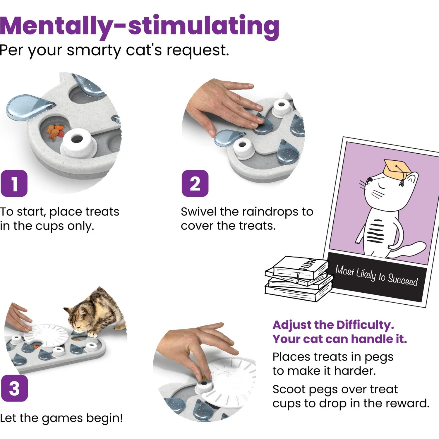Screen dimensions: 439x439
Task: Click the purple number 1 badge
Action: click(x=14, y=184)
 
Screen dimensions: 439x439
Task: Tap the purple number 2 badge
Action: click(x=195, y=184)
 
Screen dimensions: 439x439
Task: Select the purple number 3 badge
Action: click(x=14, y=388)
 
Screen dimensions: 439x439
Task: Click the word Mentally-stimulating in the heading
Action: click(x=140, y=26)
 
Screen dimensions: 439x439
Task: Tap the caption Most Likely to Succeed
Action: click(x=377, y=275)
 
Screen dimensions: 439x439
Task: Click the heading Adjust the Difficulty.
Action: click(x=333, y=325)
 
